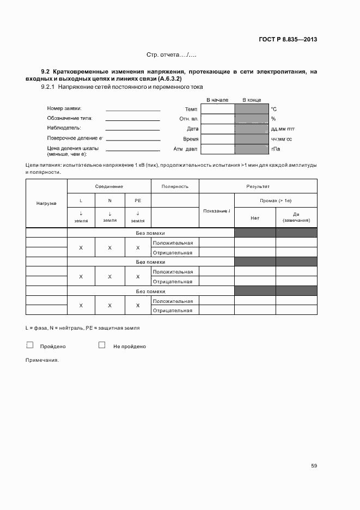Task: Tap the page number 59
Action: (x=314, y=465)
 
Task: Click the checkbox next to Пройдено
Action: (x=30, y=345)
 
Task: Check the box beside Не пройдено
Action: (x=101, y=345)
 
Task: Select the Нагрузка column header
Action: (x=46, y=203)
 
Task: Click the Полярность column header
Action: (x=175, y=186)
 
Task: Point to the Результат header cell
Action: (x=258, y=186)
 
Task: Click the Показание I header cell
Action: (x=216, y=211)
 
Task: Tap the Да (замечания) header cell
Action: (x=296, y=217)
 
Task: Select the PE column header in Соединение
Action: (x=138, y=201)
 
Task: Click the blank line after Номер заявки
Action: (x=132, y=110)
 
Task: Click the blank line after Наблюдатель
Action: (x=132, y=129)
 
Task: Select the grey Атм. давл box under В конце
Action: (x=252, y=148)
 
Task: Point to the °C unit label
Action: (x=274, y=110)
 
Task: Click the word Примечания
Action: (x=41, y=360)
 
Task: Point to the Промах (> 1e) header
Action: (x=276, y=201)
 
